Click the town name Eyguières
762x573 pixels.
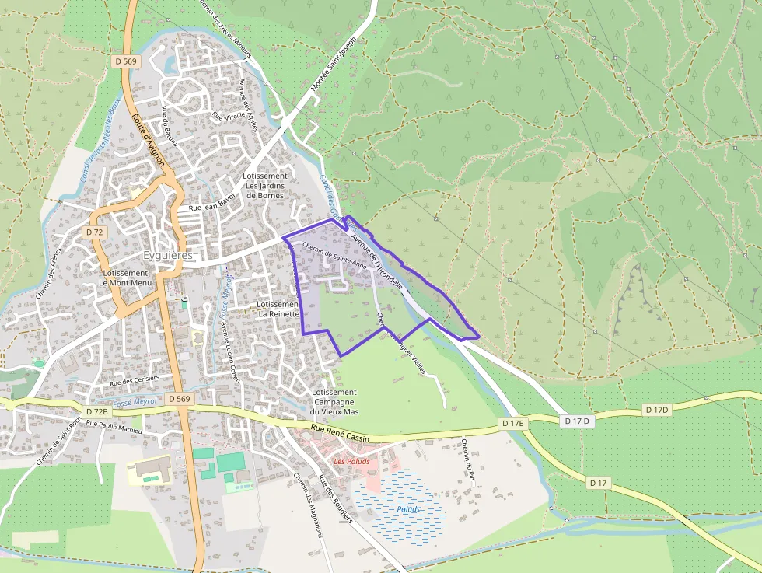tap(168, 255)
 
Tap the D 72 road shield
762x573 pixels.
tap(95, 232)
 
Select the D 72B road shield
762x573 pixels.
tap(96, 411)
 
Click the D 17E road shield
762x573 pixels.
tap(513, 423)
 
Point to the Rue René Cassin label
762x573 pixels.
tap(341, 433)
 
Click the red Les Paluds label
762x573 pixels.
tap(351, 461)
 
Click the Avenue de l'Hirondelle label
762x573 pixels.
tap(376, 260)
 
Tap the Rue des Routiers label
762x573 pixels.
tap(336, 498)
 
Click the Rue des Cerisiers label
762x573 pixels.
tap(134, 380)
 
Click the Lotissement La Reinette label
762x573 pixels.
tap(278, 309)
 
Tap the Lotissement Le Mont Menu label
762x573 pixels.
tap(125, 278)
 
